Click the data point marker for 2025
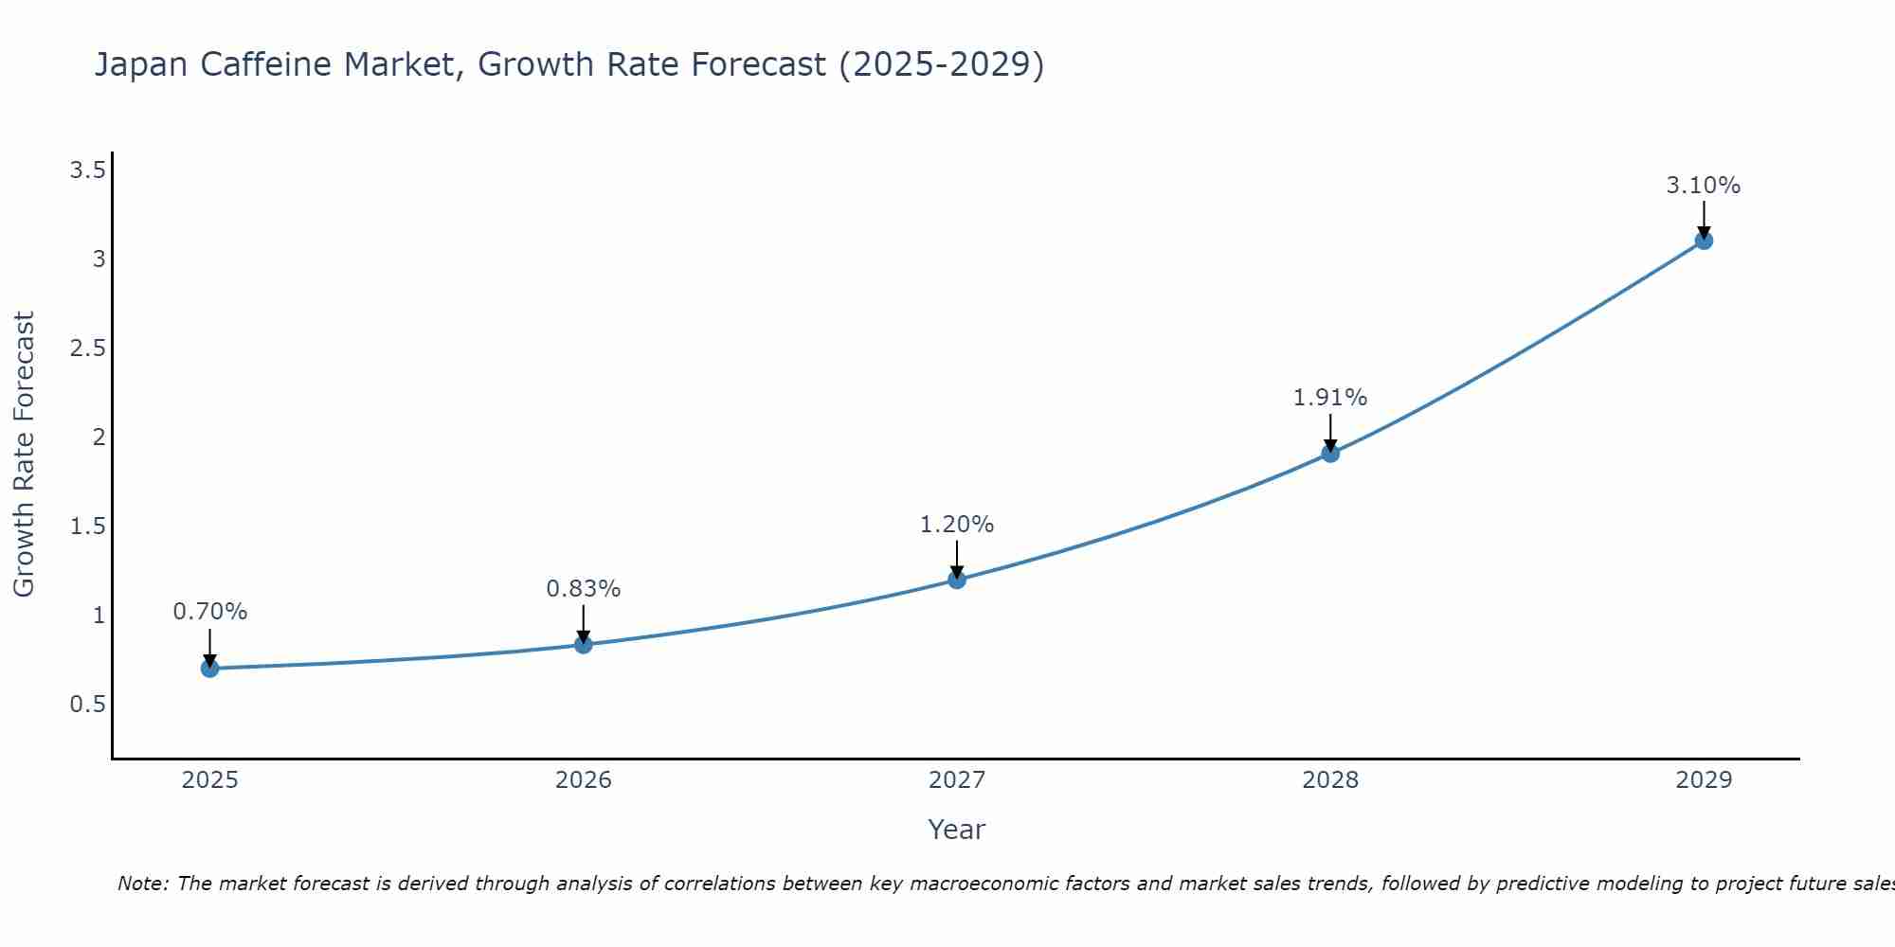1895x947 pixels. pos(210,669)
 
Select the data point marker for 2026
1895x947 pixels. pos(584,645)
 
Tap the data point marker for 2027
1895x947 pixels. pos(957,580)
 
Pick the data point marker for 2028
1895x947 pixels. pos(1330,454)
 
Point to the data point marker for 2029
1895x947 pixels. pos(1704,241)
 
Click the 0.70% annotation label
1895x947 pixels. pos(210,612)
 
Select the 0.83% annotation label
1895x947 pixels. pos(584,589)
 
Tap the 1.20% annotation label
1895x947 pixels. pos(957,525)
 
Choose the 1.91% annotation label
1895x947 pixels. pos(1330,398)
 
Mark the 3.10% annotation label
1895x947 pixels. pos(1704,186)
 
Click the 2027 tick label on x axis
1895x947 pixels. pos(957,780)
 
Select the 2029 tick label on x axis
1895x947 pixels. pos(1704,780)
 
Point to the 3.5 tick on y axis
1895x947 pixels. pos(87,170)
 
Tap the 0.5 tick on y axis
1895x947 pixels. pos(87,705)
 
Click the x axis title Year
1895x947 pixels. pos(957,830)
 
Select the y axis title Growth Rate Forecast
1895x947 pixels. pos(25,455)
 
